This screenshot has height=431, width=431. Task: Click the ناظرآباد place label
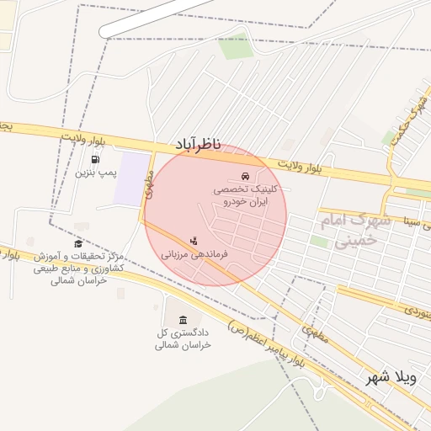click(198, 146)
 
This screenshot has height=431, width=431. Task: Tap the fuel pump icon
click(95, 158)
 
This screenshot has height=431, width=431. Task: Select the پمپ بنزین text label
click(94, 173)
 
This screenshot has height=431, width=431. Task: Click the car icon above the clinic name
click(244, 177)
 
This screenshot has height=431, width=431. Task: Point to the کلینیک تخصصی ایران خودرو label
click(245, 197)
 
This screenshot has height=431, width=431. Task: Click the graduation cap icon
click(78, 244)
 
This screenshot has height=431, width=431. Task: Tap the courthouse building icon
click(183, 319)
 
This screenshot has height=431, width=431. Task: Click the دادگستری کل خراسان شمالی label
click(183, 339)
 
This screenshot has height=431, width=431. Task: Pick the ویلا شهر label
click(391, 378)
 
